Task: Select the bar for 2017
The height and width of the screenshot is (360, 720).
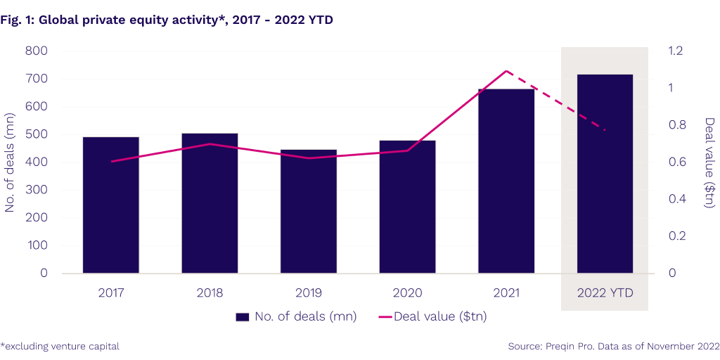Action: coord(110,205)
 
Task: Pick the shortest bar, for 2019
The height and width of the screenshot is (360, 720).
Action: coord(308,211)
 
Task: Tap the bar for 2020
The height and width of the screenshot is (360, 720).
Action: coord(407,207)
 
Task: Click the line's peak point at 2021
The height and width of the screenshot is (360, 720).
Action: coord(506,71)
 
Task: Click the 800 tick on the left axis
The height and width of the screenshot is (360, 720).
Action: coord(36,51)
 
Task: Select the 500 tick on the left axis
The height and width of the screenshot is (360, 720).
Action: coord(36,134)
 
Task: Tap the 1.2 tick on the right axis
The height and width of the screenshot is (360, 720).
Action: coord(675,51)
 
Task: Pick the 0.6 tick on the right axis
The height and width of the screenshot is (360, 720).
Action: coord(675,162)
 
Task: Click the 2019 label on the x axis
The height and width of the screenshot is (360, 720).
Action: coord(308,292)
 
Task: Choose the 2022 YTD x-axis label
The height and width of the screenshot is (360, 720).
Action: coord(605,292)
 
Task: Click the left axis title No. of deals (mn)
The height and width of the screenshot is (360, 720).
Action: coord(11,162)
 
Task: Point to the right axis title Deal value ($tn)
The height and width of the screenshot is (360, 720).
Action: coord(709,162)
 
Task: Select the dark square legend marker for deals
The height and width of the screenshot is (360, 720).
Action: coord(243,317)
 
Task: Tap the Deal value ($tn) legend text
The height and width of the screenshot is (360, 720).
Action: coord(440,317)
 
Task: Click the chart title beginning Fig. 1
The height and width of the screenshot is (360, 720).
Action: coord(167,20)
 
